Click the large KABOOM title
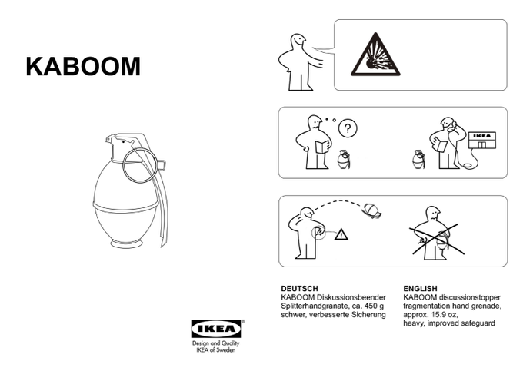(x=83, y=66)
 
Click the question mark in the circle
(x=348, y=128)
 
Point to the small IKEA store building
(x=482, y=141)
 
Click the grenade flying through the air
(x=372, y=210)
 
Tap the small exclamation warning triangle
(x=341, y=234)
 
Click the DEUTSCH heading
(x=299, y=288)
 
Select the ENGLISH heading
(x=420, y=288)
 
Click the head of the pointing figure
(x=298, y=41)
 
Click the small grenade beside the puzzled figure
(x=343, y=160)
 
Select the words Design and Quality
(x=216, y=343)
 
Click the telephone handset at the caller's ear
(x=453, y=125)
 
